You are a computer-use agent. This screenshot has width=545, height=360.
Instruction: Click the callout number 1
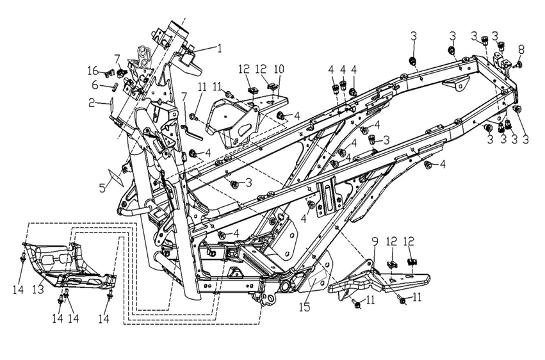tap(219, 47)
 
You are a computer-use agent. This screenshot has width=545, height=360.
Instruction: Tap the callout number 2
tap(92, 103)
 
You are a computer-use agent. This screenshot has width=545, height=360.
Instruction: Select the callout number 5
tap(103, 188)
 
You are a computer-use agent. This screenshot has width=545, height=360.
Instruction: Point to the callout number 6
tap(95, 84)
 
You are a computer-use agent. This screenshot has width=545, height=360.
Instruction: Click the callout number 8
tap(521, 49)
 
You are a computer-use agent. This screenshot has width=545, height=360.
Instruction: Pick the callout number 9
tap(375, 243)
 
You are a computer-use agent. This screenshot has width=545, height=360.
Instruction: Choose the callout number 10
tap(279, 69)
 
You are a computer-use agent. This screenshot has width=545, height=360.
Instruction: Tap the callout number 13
tap(38, 289)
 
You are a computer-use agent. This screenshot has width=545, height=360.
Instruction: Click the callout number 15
tap(306, 307)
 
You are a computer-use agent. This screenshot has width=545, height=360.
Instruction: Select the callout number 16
tap(93, 71)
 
